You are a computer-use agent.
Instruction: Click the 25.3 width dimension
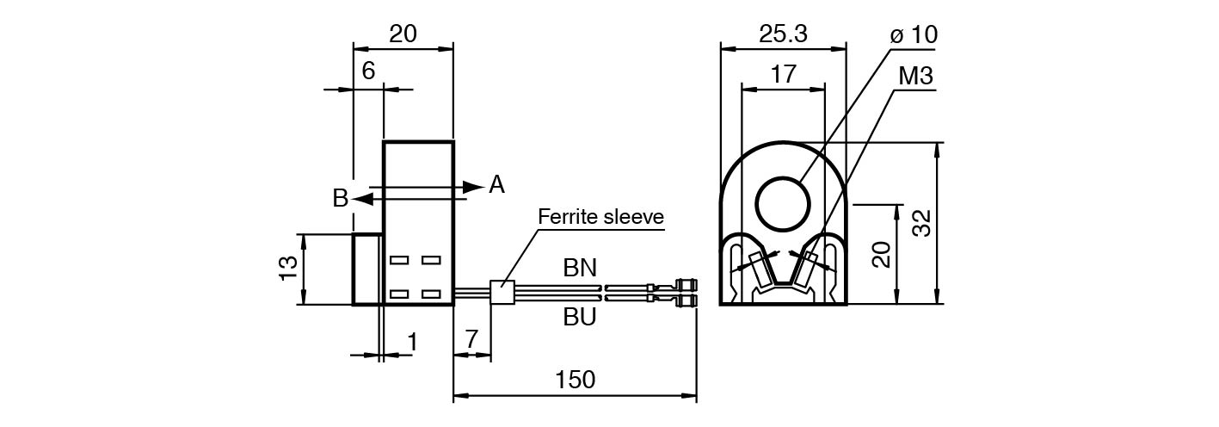click(783, 34)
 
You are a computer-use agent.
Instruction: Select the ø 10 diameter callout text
click(914, 34)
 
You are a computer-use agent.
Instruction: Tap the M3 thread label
click(916, 76)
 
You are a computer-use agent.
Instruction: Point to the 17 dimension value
click(783, 73)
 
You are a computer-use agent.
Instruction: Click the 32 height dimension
click(922, 223)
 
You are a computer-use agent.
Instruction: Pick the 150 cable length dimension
click(576, 380)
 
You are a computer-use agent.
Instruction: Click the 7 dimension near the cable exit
click(471, 339)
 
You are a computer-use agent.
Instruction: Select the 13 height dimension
click(289, 268)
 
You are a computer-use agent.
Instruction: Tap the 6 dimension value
click(368, 71)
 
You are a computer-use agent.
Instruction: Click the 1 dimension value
click(413, 342)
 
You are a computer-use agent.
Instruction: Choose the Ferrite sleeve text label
click(600, 217)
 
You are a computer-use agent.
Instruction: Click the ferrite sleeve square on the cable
click(502, 293)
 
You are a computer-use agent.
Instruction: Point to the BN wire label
click(580, 268)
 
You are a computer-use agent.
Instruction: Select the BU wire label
click(580, 317)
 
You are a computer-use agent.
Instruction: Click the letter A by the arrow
click(496, 184)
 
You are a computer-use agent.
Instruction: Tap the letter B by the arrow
click(340, 198)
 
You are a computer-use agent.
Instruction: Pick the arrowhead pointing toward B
click(362, 200)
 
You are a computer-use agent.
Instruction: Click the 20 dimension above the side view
click(403, 34)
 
